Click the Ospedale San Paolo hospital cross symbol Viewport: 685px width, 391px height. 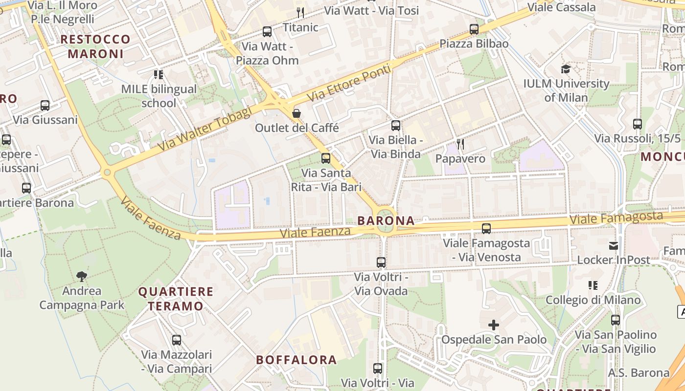[x=494, y=325]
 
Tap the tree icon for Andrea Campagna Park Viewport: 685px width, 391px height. [x=82, y=276]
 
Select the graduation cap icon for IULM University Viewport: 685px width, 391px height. [x=566, y=69]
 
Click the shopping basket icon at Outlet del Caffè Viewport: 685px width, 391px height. [x=297, y=113]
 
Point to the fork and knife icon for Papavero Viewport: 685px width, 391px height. [x=460, y=144]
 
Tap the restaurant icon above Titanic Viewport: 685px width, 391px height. [x=300, y=12]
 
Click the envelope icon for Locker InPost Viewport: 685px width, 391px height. [x=614, y=245]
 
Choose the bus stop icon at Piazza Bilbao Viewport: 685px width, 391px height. [x=474, y=29]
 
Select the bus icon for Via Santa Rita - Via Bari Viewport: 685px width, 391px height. [x=326, y=158]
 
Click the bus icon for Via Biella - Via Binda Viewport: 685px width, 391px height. [x=395, y=126]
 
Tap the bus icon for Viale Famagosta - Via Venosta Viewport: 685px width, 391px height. [x=486, y=228]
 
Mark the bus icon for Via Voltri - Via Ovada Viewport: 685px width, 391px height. [x=381, y=262]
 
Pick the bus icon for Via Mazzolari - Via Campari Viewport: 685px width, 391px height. [x=177, y=340]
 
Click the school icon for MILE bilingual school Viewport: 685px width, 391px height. [x=159, y=75]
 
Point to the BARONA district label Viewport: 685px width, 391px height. [x=386, y=220]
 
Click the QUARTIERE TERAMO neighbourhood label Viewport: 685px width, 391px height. [x=176, y=299]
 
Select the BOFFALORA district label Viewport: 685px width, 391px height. [x=297, y=360]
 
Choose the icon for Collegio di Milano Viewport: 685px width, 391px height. [x=593, y=285]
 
